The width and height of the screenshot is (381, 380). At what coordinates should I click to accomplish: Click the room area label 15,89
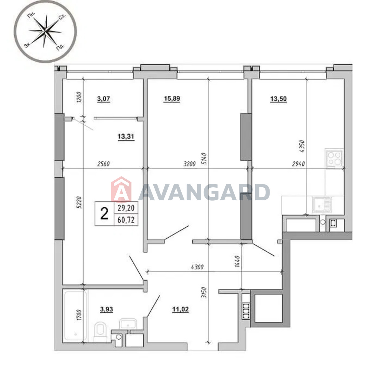pos(172,99)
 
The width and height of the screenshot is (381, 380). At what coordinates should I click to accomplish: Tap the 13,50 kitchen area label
pos(278,99)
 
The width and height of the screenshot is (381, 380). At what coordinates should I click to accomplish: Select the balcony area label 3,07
pos(104,99)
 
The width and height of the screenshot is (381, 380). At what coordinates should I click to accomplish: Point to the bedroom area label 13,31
pos(126,136)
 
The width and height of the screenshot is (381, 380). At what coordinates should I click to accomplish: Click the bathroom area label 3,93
pos(107,309)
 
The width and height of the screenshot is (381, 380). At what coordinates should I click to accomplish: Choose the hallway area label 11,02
pos(180,309)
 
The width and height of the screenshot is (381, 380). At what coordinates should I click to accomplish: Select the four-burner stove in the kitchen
pos(334,159)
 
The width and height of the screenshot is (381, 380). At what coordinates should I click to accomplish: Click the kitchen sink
pos(322,205)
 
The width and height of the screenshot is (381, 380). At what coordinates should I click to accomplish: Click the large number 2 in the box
pos(104,214)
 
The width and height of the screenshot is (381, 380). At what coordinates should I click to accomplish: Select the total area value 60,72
pos(126,220)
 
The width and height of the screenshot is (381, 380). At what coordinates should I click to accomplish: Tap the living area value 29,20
pos(126,208)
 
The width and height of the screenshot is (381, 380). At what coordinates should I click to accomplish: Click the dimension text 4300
pos(197,267)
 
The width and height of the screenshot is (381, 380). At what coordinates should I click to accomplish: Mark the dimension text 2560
pos(104,164)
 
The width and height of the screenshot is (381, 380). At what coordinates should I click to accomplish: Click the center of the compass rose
pos(45,31)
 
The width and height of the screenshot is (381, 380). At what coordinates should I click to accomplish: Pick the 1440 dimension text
pos(237,262)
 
